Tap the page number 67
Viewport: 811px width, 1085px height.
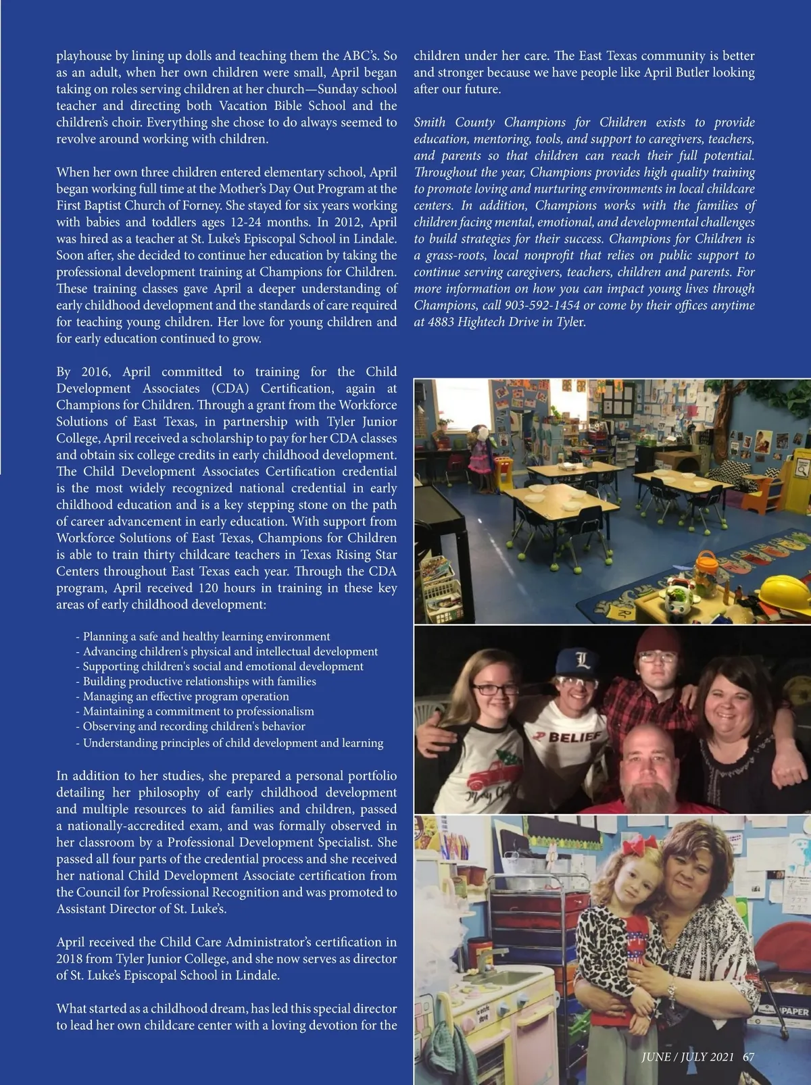coord(748,1057)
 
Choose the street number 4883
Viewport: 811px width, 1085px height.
coord(441,322)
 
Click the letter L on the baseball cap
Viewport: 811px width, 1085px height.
coord(583,660)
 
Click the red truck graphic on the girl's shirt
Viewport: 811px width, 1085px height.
coord(490,777)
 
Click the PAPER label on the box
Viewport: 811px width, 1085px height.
coord(793,1012)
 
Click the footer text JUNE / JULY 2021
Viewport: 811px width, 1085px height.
coord(687,1057)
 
